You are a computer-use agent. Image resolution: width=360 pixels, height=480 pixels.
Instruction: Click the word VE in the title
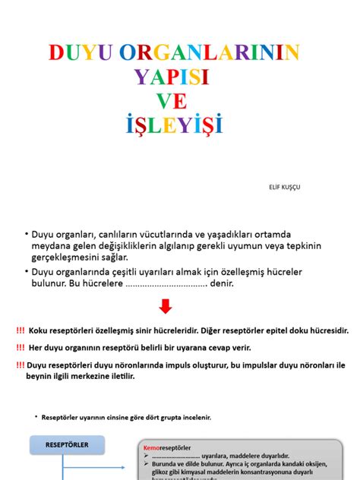[172, 100]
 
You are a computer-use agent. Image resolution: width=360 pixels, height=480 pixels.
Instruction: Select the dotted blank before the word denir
[166, 284]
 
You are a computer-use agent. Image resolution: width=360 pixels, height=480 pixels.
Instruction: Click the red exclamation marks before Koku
[19, 330]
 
